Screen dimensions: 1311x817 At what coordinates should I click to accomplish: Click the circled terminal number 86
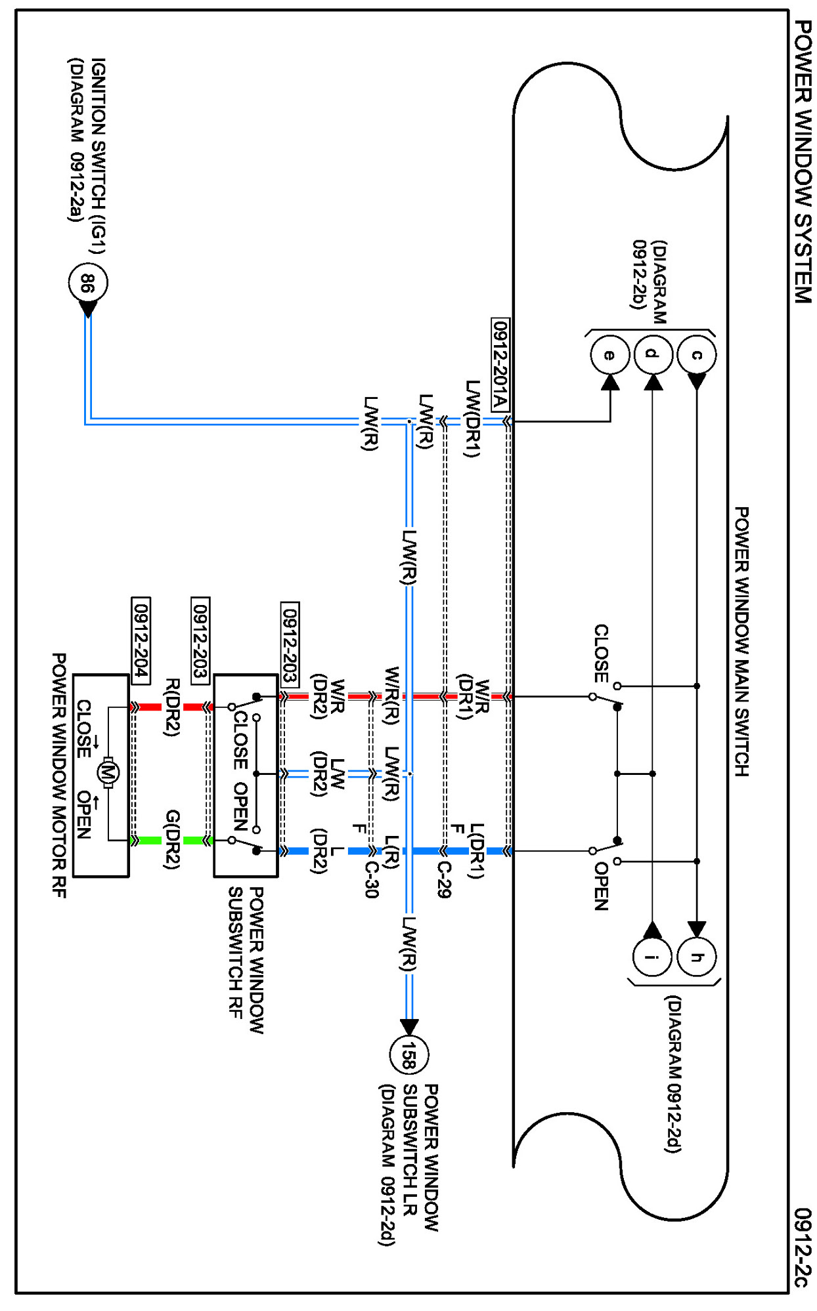(87, 283)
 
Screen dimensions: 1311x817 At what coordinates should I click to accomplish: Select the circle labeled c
(696, 355)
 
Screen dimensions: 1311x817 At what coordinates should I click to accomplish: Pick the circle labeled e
(609, 355)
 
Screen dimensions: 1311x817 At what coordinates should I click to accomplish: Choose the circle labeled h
(696, 957)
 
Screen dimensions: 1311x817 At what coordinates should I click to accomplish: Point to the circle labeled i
(652, 957)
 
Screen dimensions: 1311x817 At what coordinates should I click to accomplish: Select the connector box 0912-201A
(500, 365)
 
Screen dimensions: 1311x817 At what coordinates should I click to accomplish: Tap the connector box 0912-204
(141, 640)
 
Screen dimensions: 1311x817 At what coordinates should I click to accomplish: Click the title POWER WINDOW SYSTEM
(803, 161)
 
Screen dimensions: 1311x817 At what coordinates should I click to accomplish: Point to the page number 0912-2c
(803, 1247)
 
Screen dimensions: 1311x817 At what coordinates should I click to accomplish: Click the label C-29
(445, 879)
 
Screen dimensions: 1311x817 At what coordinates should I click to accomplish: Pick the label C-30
(372, 879)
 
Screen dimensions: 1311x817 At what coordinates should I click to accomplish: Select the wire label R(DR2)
(172, 708)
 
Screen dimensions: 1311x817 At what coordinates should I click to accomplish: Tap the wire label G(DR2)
(172, 840)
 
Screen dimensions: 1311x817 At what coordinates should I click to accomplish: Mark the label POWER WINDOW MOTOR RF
(59, 775)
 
